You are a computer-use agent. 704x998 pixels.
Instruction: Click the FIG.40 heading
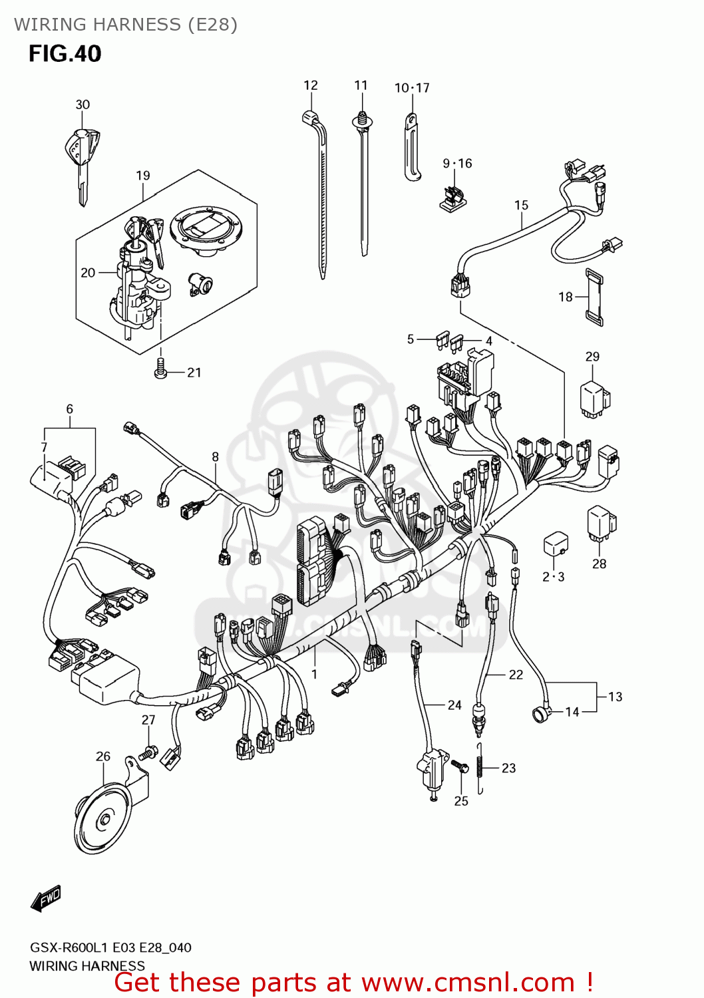pyautogui.click(x=65, y=53)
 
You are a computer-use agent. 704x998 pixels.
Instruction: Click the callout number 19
pyautogui.click(x=143, y=176)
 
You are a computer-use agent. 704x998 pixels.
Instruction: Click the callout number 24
pyautogui.click(x=454, y=705)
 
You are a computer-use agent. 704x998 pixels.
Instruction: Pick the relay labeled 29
pyautogui.click(x=594, y=399)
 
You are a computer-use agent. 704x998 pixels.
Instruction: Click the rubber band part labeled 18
pyautogui.click(x=594, y=297)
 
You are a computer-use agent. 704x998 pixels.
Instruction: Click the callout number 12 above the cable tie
pyautogui.click(x=311, y=85)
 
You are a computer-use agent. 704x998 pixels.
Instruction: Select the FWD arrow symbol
pyautogui.click(x=46, y=899)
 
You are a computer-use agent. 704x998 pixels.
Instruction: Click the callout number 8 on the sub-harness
pyautogui.click(x=215, y=456)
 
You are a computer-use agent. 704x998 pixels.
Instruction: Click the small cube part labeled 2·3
pyautogui.click(x=556, y=544)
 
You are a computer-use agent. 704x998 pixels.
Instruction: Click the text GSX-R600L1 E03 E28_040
pyautogui.click(x=110, y=947)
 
